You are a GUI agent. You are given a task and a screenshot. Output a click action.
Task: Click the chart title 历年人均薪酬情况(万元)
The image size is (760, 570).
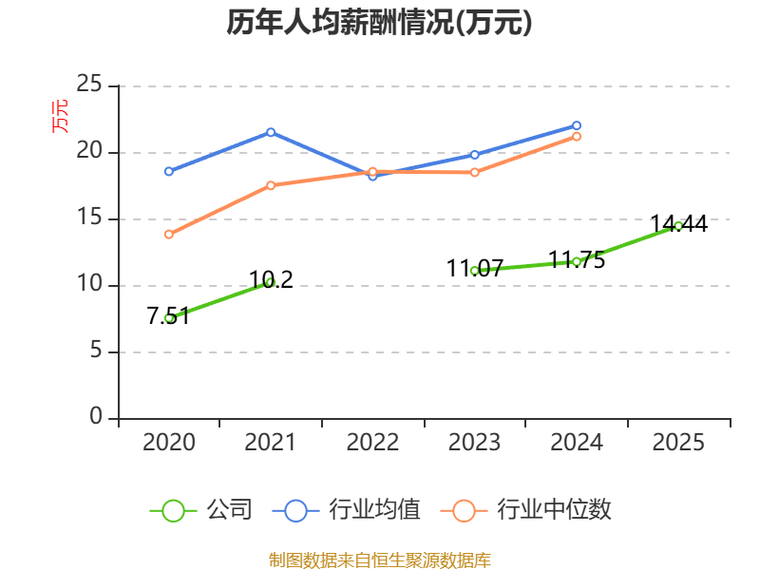[379, 23]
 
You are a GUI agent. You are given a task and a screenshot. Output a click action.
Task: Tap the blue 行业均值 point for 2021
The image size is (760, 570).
[271, 132]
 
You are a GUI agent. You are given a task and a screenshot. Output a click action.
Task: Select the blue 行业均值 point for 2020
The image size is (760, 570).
[169, 171]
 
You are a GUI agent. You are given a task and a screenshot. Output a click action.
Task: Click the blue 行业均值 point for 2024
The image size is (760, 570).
[577, 125]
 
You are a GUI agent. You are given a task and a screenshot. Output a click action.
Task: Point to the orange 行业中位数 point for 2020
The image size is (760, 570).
[169, 234]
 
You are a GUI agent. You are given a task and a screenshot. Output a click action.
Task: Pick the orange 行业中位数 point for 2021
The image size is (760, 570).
[271, 185]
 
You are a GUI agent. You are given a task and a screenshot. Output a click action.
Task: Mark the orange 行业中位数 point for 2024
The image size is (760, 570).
[577, 136]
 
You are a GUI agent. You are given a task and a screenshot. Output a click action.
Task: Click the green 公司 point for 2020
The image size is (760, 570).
[169, 317]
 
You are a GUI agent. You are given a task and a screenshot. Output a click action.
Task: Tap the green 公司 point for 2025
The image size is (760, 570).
[678, 225]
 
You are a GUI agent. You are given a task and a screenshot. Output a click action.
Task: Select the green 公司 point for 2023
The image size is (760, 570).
[474, 270]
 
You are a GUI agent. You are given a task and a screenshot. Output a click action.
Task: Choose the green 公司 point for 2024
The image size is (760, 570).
[577, 261]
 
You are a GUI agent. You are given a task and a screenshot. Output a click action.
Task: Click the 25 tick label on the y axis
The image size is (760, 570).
[89, 85]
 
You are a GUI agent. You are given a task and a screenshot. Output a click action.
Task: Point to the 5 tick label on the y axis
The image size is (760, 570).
[96, 351]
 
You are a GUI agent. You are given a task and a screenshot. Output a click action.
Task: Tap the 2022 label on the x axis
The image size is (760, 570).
[372, 443]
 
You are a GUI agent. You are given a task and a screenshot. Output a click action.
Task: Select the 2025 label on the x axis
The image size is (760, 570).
[678, 443]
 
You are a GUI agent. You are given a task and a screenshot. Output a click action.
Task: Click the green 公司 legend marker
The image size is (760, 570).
[173, 510]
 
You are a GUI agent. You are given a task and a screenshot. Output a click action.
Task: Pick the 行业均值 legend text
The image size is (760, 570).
[374, 510]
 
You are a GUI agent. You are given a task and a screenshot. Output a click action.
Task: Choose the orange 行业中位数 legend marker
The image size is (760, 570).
[464, 510]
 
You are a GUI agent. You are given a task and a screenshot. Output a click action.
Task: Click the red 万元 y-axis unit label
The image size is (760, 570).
[60, 115]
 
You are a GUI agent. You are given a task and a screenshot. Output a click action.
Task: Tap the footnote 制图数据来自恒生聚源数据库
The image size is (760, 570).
[379, 560]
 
